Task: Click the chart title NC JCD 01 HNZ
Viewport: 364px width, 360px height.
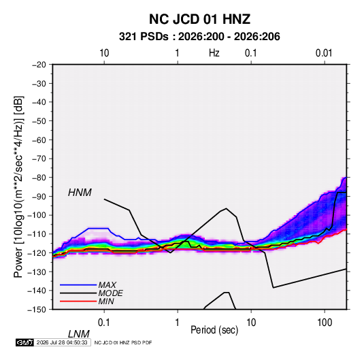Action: pos(199,19)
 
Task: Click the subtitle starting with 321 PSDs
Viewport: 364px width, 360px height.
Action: pos(199,37)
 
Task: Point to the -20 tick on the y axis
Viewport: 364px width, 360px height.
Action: pos(39,65)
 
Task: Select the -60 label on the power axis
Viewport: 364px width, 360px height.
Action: pos(39,140)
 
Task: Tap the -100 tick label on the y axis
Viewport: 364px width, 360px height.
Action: pos(37,215)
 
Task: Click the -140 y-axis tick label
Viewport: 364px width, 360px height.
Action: pos(37,291)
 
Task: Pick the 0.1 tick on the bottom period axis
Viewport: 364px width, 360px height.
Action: pos(104,322)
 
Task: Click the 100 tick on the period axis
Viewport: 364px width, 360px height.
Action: pos(325,322)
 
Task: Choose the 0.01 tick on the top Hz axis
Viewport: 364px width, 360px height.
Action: pos(324,53)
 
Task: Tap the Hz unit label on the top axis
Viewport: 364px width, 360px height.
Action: pos(214,53)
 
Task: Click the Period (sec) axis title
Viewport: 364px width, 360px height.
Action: pos(214,330)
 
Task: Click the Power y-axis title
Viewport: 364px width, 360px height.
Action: pos(18,187)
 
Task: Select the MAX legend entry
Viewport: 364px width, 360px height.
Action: pos(107,285)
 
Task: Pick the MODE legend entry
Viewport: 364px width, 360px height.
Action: pos(110,293)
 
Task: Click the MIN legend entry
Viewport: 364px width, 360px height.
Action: pos(106,301)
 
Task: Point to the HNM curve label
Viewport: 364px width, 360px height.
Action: pos(80,193)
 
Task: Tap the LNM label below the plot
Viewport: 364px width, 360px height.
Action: pos(79,334)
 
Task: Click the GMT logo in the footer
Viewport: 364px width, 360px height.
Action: pos(24,342)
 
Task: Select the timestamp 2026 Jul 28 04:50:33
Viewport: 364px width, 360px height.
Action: pos(62,342)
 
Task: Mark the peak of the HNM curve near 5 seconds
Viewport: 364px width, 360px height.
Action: pos(226,208)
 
